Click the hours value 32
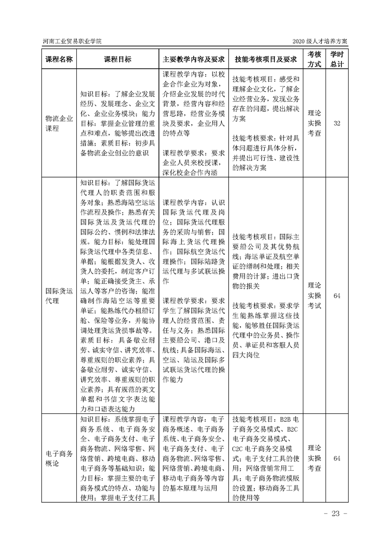pos(337,123)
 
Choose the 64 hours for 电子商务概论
pos(337,459)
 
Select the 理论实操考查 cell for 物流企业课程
pos(314,123)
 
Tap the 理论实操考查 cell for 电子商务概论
pos(314,459)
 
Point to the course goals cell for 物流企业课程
pos(118,123)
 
